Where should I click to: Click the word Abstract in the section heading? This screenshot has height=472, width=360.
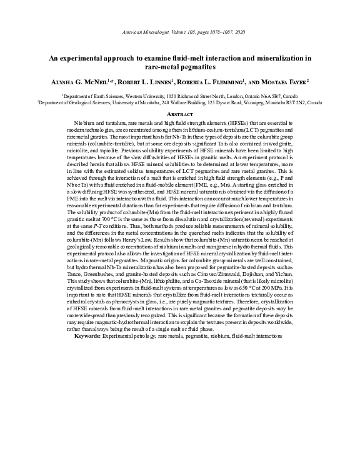click(x=180, y=115)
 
